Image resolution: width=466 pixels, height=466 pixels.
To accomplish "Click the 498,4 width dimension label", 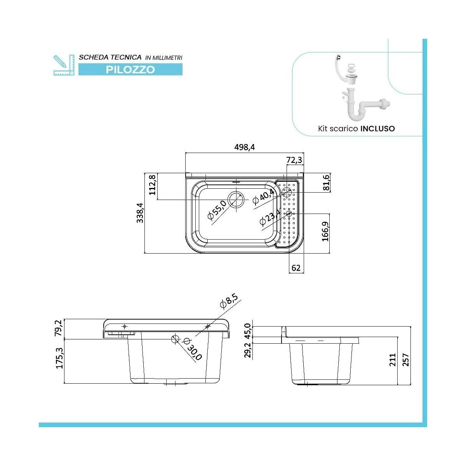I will tap(245, 147).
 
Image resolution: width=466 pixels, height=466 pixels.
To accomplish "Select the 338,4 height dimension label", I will tap(140, 213).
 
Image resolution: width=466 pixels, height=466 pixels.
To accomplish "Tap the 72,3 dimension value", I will tap(294, 160).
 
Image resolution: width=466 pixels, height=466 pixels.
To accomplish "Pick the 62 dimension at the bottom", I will tap(296, 268).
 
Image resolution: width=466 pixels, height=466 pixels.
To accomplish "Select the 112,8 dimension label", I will tap(152, 184).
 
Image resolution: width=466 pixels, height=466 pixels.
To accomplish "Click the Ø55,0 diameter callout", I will tap(217, 212).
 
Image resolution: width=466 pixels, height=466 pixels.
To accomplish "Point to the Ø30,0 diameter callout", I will tap(193, 349).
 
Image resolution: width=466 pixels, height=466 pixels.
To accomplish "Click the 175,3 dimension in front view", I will tap(59, 358).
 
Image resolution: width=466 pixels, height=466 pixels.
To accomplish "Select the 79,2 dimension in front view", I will tap(59, 328).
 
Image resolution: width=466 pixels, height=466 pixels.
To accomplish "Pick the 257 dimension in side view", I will tap(406, 360).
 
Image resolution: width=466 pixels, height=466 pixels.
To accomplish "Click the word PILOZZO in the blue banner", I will tap(130, 70).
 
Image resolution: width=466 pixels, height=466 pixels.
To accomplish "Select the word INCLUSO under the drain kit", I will tap(377, 129).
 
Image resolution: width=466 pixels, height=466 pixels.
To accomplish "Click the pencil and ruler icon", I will tap(63, 65).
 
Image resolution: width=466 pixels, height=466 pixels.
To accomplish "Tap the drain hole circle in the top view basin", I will tap(236, 199).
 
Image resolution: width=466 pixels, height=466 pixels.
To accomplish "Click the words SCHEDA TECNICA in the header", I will tap(110, 57).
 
